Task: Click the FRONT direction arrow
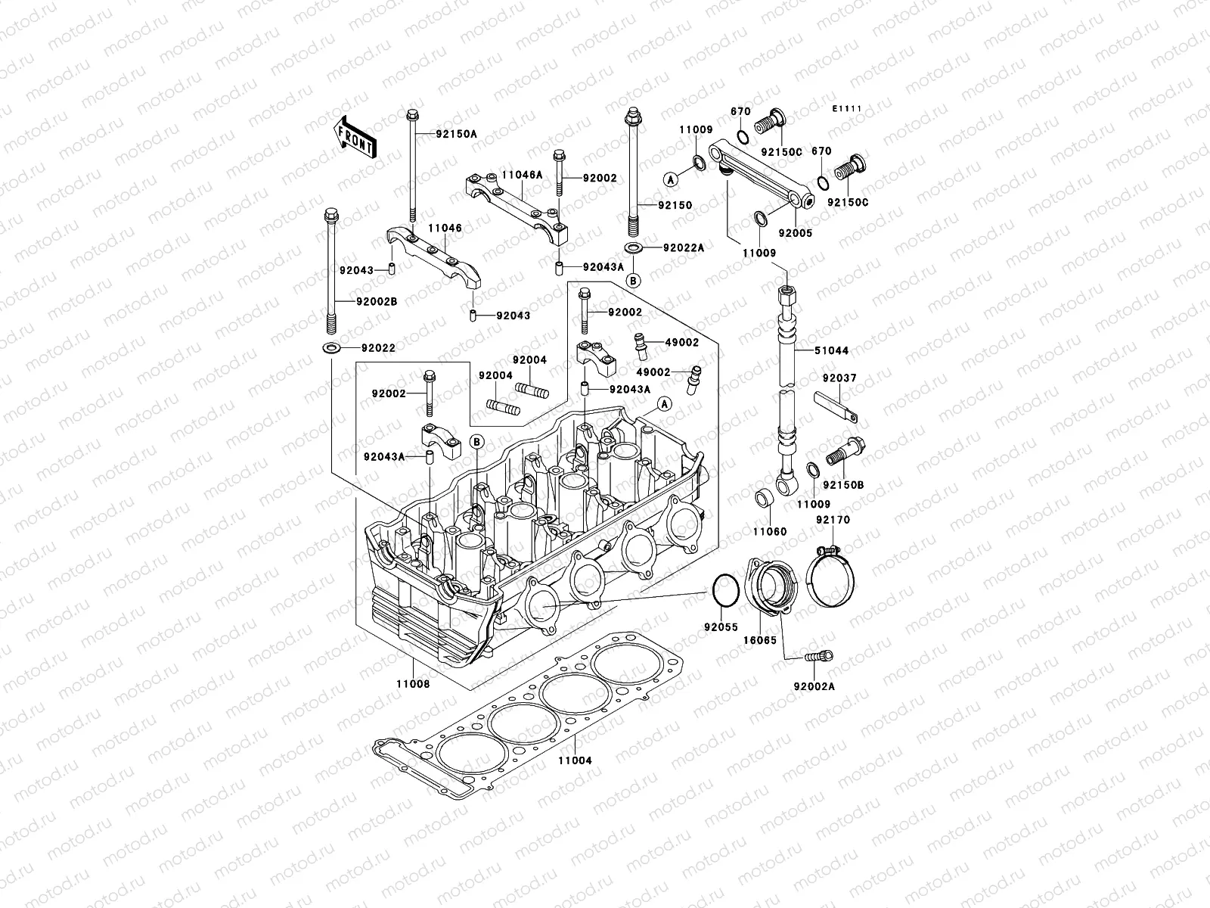click(358, 136)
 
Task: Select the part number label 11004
click(575, 760)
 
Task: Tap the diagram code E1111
click(847, 110)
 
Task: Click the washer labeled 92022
click(330, 348)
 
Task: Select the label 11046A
click(522, 175)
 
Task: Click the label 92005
click(795, 234)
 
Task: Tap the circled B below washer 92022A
click(634, 281)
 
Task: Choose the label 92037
click(839, 378)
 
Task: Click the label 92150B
click(843, 485)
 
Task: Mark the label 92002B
click(377, 301)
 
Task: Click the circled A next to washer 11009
click(670, 179)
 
